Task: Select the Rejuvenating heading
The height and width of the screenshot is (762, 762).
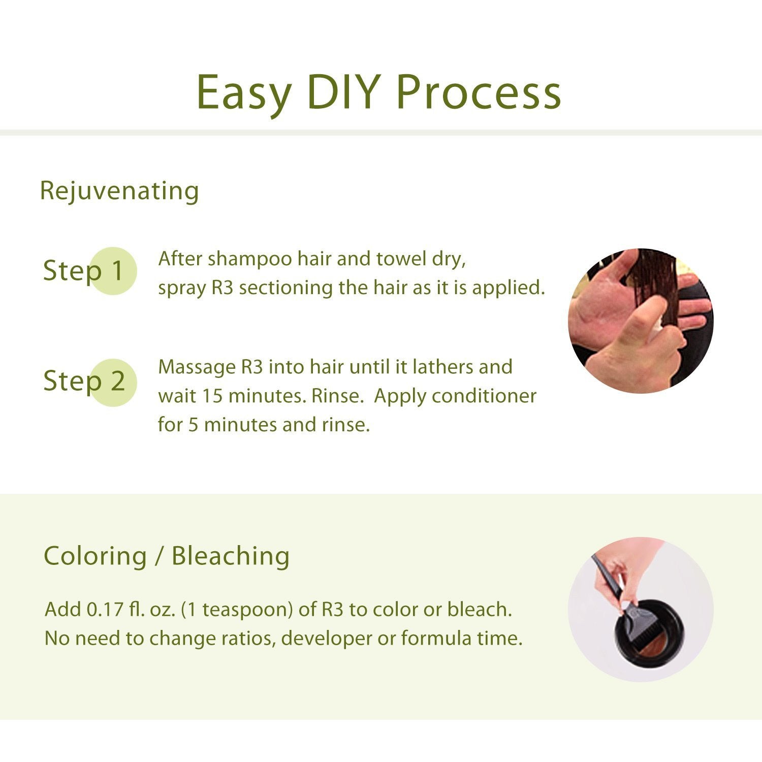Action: click(x=119, y=191)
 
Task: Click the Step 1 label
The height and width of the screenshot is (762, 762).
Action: click(x=84, y=270)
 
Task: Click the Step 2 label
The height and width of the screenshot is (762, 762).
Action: click(x=84, y=381)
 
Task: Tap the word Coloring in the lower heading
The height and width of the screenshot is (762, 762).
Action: click(x=95, y=556)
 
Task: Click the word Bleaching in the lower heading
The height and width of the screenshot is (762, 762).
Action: click(x=230, y=556)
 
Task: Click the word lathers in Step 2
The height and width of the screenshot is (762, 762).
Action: click(x=443, y=367)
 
